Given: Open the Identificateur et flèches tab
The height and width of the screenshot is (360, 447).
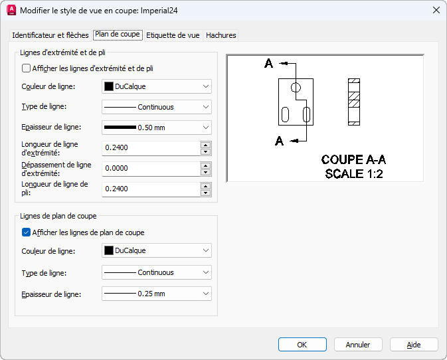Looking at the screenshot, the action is pos(50,35).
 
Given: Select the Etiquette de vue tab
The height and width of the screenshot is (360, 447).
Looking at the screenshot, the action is pos(173,35).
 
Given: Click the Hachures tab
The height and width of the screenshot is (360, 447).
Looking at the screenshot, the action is pos(221,35).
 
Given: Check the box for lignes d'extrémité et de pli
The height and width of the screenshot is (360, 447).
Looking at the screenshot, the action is pos(26,68).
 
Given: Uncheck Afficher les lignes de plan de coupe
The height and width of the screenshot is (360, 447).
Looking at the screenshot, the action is pos(26,232).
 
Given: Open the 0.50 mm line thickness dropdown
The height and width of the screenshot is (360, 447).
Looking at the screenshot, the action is pos(157,128).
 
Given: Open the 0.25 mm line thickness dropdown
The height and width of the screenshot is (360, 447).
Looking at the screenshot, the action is pos(157,294).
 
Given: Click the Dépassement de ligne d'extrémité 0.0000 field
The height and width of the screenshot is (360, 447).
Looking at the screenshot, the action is pos(151,168).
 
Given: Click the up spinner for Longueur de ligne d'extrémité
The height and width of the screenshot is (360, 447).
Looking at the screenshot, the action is pos(205,145).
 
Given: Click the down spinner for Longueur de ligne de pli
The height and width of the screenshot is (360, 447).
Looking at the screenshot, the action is pos(205,193).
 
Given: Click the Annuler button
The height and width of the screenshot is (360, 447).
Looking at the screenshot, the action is pos(358,345).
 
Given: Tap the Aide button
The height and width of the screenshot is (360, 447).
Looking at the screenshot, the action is pos(414,345).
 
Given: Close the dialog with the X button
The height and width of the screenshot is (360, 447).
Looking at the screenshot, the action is pos(436,10).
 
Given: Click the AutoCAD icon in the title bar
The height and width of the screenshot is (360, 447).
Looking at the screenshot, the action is pos(11,10).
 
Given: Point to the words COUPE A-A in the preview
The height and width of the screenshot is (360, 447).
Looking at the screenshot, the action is pos(353,159).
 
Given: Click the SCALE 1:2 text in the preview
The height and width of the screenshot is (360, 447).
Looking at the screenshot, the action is pos(354,173).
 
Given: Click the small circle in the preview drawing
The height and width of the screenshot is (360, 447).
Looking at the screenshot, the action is pos(296,87).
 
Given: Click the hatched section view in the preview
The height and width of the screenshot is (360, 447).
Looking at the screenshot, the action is pos(354,102).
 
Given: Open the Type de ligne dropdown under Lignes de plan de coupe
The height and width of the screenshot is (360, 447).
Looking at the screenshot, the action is pos(157,272).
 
